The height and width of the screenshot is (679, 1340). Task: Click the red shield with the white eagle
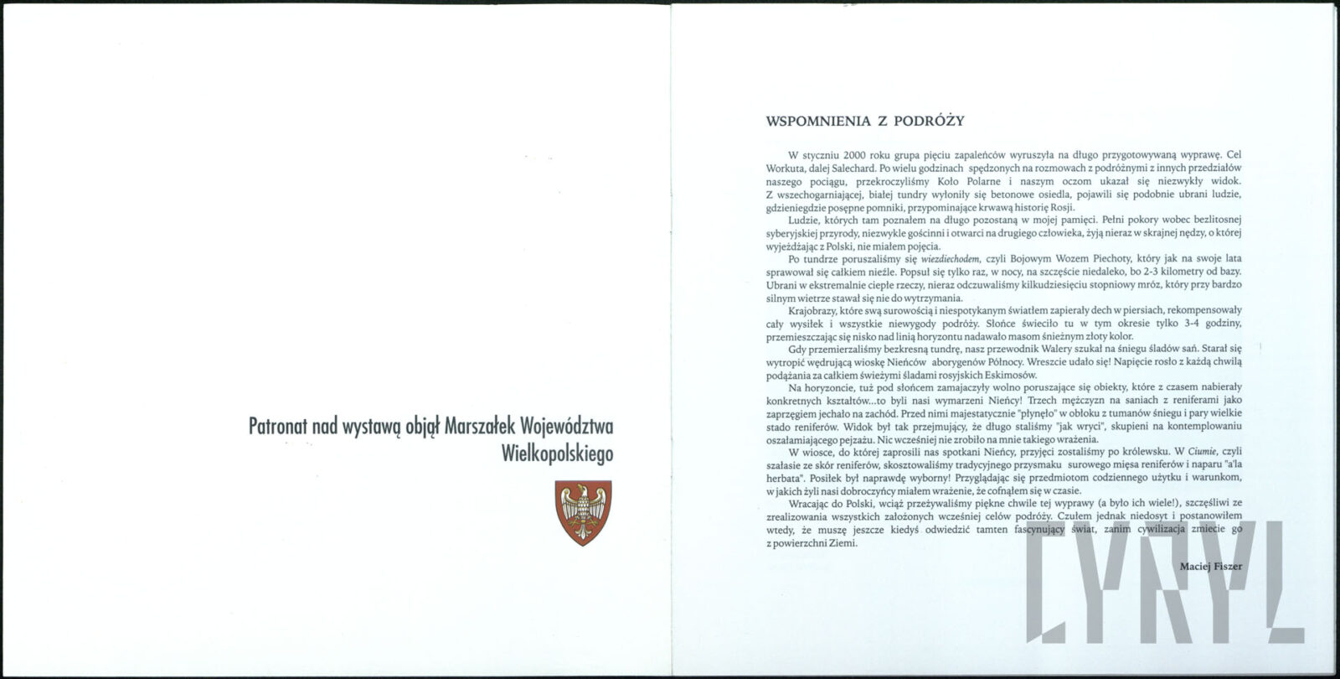click(x=583, y=512)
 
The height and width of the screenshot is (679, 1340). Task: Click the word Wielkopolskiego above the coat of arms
click(x=556, y=454)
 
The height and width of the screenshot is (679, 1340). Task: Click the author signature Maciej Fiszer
click(x=1210, y=566)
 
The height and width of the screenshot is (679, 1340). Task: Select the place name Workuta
click(x=786, y=168)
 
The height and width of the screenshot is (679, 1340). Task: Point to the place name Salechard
click(x=852, y=168)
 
